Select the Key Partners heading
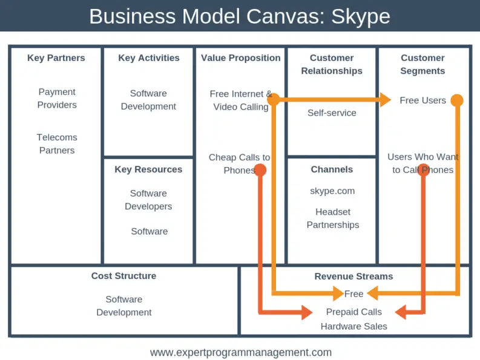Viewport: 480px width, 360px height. (56, 58)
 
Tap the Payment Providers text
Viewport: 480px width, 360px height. (57, 99)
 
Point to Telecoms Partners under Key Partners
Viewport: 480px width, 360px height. (56, 144)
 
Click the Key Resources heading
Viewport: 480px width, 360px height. (148, 169)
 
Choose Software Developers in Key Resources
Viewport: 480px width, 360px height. (148, 200)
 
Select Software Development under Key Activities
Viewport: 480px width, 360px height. (148, 100)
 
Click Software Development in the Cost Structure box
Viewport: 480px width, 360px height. (124, 306)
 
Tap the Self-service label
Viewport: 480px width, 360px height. (332, 113)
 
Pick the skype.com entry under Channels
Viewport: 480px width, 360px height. (332, 191)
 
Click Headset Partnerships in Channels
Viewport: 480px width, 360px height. (332, 218)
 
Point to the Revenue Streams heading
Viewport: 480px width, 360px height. (353, 277)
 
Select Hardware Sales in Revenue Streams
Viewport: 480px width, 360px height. (353, 326)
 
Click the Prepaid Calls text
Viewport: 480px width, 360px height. (353, 312)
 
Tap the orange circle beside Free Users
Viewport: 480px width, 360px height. (457, 100)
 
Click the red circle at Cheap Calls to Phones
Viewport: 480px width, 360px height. (260, 170)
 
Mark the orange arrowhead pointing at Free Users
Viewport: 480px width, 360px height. (385, 100)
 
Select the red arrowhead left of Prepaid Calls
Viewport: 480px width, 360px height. (305, 312)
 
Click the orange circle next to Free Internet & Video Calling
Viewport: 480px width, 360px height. (274, 99)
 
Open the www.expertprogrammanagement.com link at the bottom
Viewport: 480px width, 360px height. (240, 352)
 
